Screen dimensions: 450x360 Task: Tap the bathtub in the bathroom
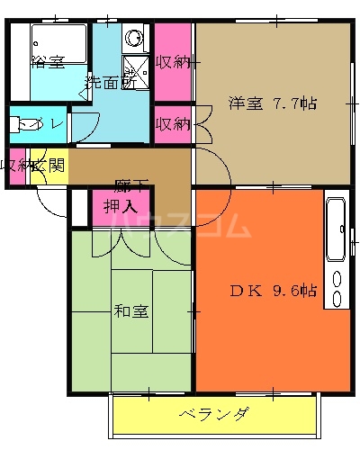[x=58, y=41]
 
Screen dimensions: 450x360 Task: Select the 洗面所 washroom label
[x=111, y=82]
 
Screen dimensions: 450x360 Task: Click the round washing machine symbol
[x=135, y=39]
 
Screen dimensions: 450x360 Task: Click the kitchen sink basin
[x=336, y=225]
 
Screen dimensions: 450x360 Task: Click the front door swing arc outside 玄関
[x=52, y=203]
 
